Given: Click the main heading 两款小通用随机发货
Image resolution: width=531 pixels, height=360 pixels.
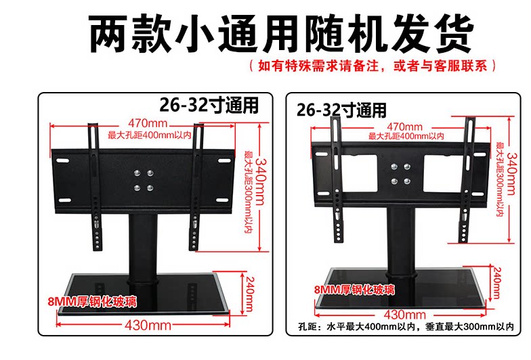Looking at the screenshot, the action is coord(280,34).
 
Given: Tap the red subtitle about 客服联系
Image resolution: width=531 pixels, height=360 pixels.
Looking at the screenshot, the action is coord(373,65).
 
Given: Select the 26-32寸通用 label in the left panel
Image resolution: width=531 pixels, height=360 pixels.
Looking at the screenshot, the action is coord(209,105).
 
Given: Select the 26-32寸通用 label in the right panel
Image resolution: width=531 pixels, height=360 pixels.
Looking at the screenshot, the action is coord(341,110).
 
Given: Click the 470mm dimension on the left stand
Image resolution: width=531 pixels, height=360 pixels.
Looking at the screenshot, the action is coord(148,123).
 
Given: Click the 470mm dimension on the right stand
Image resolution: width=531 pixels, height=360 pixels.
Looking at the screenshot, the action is coord(405,127).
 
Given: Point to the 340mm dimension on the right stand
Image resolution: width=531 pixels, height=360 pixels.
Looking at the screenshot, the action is coord(511,173).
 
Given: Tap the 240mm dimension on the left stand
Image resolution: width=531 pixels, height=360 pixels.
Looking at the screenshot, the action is coord(249,294).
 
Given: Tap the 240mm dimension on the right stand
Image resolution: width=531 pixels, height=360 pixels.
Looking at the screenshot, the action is coord(497,283).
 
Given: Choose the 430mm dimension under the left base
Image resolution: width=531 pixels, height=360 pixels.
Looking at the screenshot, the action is coord(148,325).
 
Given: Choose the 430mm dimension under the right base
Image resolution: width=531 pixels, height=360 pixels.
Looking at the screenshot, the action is coord(405,315).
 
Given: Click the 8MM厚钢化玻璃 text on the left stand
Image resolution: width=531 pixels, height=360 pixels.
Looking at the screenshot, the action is coord(92,301).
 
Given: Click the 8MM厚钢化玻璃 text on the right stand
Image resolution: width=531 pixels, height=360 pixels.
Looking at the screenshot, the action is coord(354,290).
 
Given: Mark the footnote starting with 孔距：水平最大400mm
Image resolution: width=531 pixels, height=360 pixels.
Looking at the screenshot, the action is coord(406,326).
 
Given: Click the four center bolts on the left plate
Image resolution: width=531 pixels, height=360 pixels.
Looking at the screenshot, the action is coord(144,180).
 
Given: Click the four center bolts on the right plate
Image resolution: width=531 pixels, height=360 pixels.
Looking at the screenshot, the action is coord(400,174).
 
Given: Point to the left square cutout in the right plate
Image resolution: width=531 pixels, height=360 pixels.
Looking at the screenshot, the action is coord(359,173).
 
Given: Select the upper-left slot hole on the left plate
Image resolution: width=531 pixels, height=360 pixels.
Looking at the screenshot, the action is coord(62,160).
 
